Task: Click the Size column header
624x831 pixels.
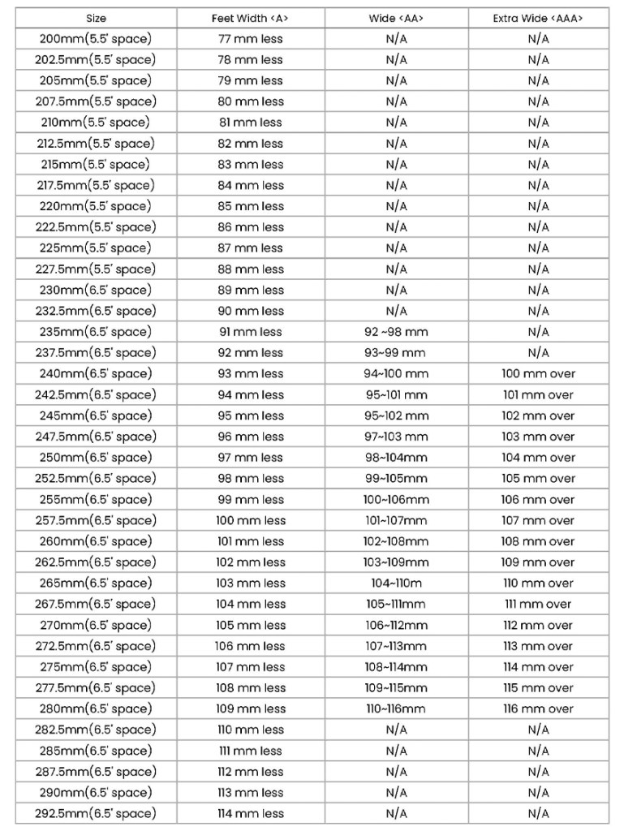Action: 96,18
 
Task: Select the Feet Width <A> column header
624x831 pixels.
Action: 250,18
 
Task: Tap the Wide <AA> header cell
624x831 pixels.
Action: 396,18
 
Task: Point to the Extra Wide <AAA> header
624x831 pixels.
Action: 538,18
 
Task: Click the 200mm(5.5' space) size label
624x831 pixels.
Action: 96,38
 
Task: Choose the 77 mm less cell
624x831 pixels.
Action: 250,38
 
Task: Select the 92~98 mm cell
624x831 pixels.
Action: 396,332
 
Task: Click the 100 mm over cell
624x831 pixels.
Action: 538,374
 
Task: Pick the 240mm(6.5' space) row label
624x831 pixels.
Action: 96,374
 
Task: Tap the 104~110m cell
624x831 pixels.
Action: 396,583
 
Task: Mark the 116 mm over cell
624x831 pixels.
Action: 538,709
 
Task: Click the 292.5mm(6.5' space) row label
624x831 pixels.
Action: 96,814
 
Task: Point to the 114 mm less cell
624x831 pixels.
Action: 250,814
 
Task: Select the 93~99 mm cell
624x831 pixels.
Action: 396,353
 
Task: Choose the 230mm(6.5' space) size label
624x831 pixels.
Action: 96,290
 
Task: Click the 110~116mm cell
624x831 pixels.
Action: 396,709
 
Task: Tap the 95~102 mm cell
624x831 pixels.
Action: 396,415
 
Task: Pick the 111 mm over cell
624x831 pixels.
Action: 538,605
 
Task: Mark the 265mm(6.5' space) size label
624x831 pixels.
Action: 96,583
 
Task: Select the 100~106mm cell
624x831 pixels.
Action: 396,500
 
